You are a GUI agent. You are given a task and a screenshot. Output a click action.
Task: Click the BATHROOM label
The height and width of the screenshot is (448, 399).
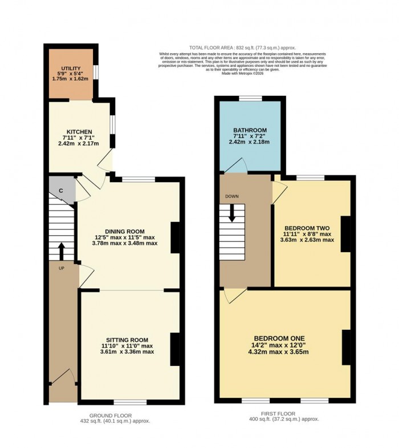[x=250, y=130]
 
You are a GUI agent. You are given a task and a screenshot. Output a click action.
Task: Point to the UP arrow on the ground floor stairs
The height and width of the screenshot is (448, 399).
[x=61, y=250]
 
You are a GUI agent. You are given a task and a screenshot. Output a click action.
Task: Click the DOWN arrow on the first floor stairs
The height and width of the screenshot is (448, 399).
[x=232, y=213]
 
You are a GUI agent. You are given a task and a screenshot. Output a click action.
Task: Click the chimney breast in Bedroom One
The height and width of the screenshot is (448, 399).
[x=345, y=347]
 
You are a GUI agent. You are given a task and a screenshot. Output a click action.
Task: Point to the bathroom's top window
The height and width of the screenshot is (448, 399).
[x=250, y=99]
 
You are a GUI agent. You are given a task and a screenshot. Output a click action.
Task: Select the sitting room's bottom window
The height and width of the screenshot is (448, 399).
[x=129, y=402]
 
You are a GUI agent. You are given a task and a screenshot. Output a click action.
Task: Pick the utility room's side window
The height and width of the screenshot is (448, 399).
[x=95, y=73]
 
